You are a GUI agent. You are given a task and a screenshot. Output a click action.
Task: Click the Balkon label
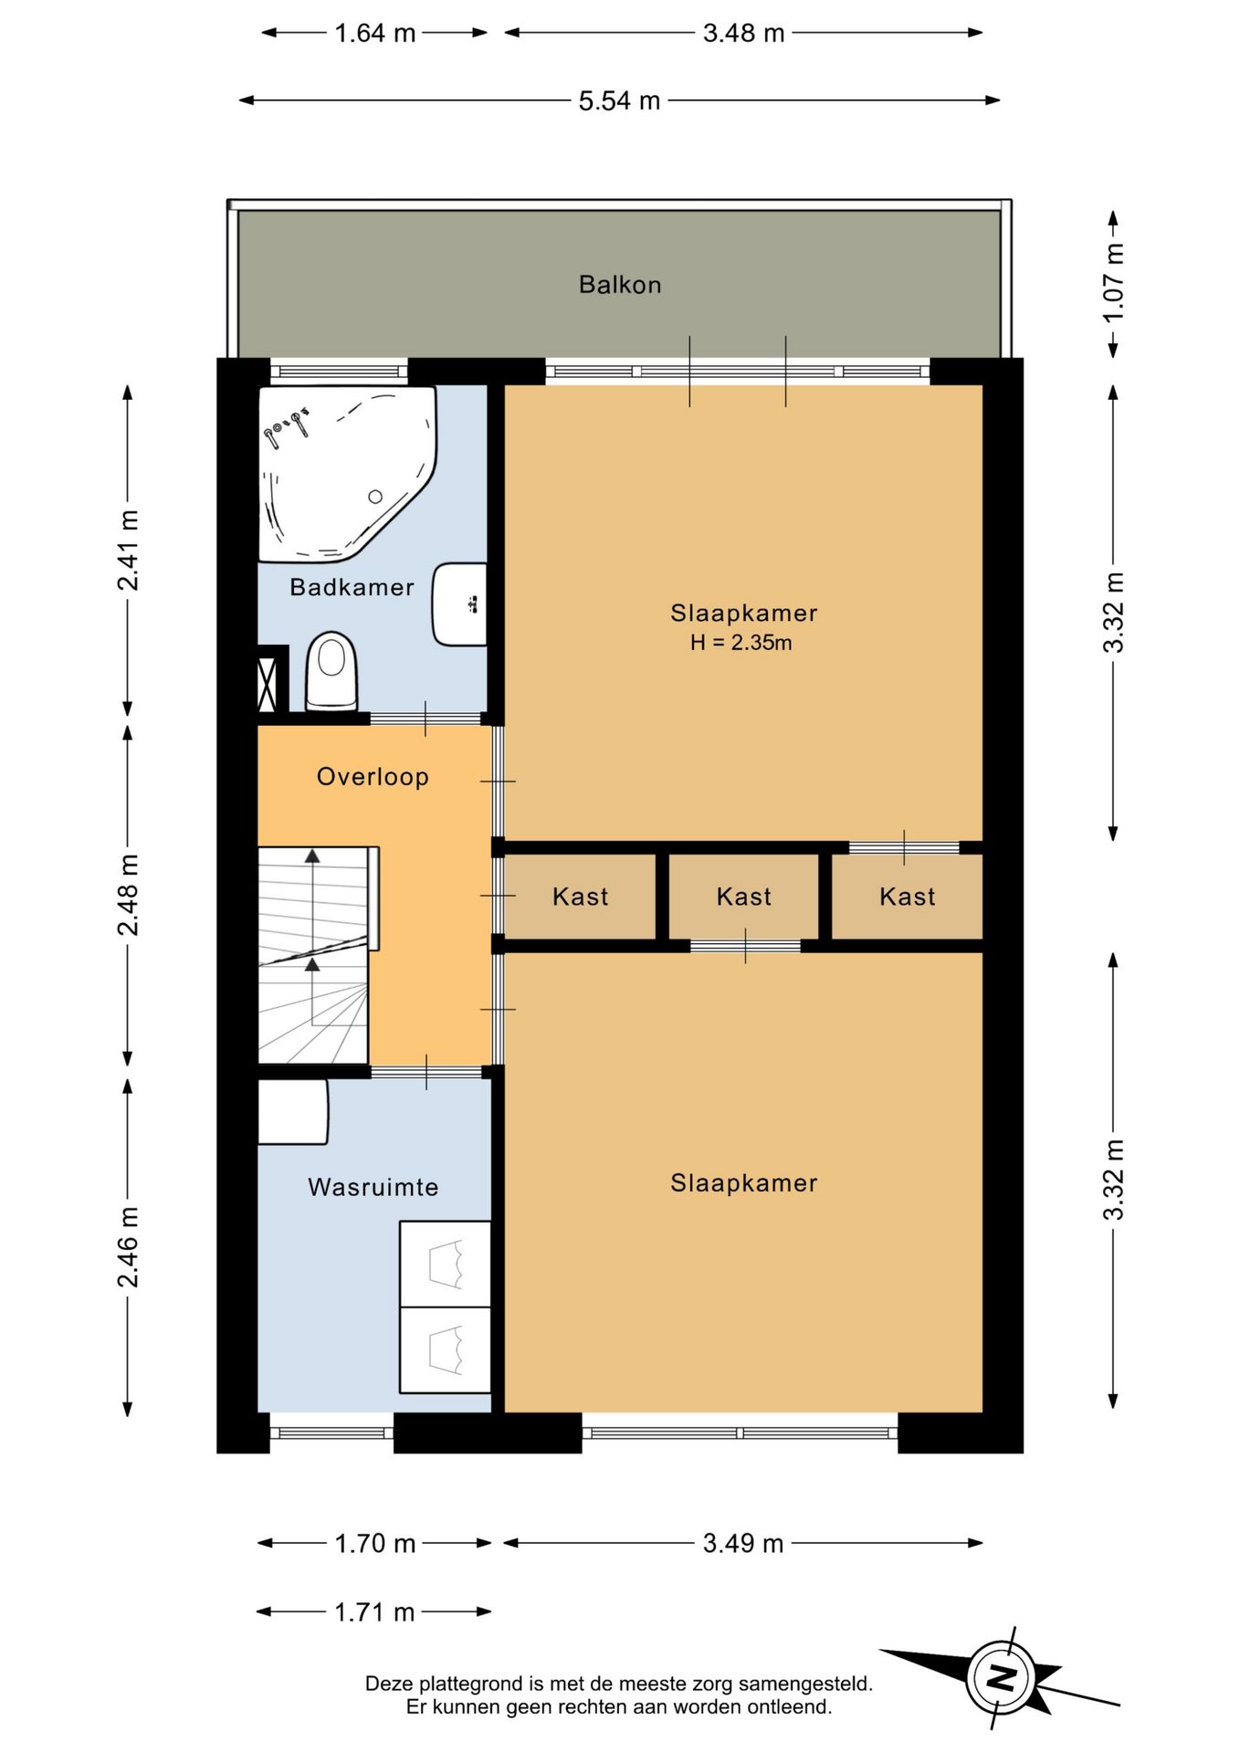(620, 285)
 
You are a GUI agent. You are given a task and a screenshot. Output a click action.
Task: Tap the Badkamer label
(352, 587)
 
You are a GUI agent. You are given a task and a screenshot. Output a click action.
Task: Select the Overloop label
(373, 777)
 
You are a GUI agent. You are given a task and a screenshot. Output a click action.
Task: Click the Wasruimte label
(373, 1187)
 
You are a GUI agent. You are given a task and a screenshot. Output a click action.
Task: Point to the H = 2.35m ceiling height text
(741, 643)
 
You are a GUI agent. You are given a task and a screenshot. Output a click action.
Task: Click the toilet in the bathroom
(331, 672)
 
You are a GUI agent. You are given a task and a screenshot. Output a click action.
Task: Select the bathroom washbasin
(459, 604)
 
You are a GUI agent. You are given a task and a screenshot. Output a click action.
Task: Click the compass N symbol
(1002, 1678)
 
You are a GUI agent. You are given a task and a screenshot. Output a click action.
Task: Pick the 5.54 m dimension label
(619, 100)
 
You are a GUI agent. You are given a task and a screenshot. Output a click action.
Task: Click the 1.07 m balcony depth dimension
(1114, 283)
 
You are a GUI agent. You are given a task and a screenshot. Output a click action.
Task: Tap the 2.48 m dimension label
(129, 895)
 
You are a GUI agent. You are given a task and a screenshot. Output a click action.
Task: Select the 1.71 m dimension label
(374, 1612)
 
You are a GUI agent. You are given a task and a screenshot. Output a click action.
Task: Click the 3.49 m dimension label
(743, 1543)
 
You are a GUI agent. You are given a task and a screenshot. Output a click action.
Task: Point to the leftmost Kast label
(580, 897)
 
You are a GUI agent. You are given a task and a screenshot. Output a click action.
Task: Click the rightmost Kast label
(908, 897)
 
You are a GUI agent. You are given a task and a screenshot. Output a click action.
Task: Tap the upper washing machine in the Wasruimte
(446, 1265)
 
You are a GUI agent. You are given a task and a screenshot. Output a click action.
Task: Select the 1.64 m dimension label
(374, 33)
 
